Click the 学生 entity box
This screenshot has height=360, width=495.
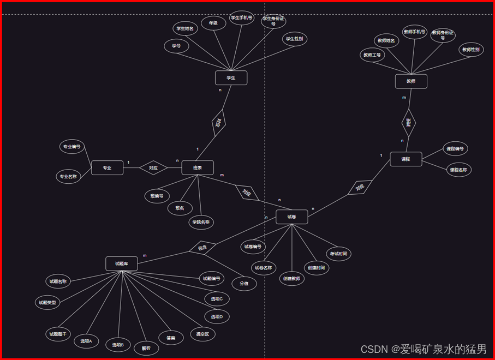[x=231, y=78]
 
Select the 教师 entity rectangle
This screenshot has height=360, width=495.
[x=411, y=81]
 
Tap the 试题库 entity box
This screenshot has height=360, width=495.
[x=122, y=264]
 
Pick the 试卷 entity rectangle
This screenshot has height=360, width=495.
[x=292, y=217]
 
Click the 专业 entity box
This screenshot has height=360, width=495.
[x=108, y=168]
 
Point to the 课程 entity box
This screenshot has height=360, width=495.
[x=406, y=159]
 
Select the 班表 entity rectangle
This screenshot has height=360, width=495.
[x=198, y=168]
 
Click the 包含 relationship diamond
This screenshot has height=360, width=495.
[x=202, y=248]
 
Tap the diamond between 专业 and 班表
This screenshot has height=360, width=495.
[x=153, y=168]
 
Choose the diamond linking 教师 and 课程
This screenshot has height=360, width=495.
[x=408, y=122]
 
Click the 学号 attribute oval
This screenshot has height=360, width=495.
[x=176, y=46]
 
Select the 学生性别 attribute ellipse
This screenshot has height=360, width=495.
[x=295, y=39]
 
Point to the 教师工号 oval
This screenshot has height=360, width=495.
[x=373, y=55]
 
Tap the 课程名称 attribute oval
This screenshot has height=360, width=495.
[x=458, y=170]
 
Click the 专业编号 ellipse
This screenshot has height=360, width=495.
[x=72, y=147]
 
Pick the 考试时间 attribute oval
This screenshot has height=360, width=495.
[x=338, y=254]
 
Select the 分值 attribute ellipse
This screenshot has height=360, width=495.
[x=244, y=284]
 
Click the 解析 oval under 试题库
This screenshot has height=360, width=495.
[x=146, y=348]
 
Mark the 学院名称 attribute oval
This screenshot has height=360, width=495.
[x=201, y=222]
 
